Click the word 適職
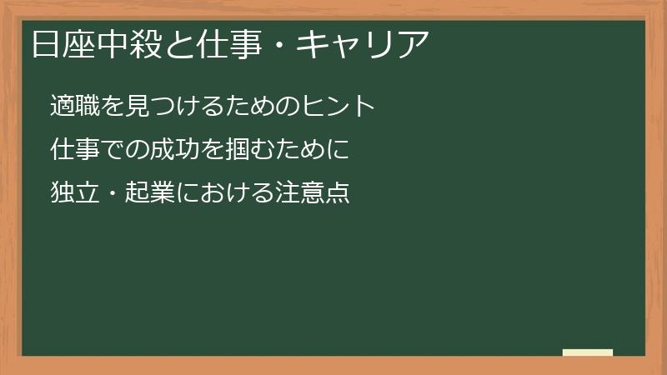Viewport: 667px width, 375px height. pos(74,106)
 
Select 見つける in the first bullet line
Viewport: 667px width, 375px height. pos(171,106)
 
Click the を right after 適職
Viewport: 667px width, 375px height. pos(113,106)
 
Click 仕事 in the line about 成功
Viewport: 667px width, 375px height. pos(74,150)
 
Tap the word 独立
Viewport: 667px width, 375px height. pos(74,193)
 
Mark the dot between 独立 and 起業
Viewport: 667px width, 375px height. pos(112,194)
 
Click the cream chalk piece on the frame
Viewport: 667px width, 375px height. pos(587,352)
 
